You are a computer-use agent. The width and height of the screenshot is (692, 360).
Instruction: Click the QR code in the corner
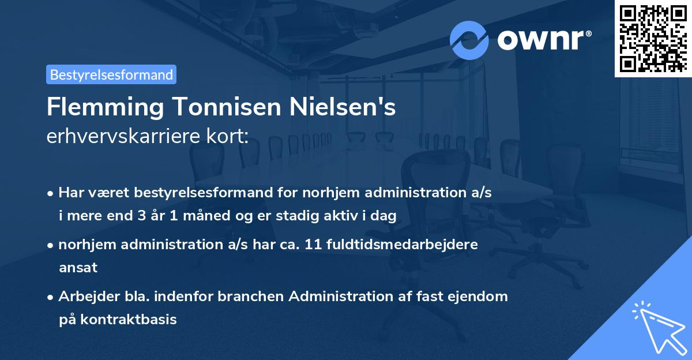pos(653,38)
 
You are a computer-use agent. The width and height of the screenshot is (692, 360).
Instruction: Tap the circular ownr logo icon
pos(469,40)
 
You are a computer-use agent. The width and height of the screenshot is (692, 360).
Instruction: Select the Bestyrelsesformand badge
pos(111,74)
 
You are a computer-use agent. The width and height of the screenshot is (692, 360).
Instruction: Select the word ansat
pos(78,268)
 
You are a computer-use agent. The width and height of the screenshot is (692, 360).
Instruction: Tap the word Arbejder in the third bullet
pos(85,297)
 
